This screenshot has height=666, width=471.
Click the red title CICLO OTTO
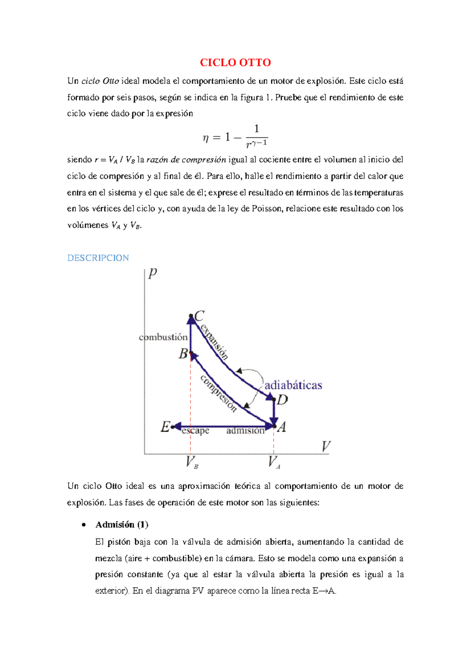coord(235,62)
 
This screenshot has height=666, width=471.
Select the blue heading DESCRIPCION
coord(98,258)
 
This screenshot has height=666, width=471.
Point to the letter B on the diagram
coord(183,354)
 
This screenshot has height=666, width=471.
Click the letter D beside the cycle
coord(282,400)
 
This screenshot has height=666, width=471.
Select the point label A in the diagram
coord(281,427)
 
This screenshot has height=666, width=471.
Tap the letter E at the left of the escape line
coord(165,427)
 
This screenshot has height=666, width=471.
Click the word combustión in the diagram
coord(163,337)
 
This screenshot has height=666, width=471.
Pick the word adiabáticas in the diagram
coord(293,385)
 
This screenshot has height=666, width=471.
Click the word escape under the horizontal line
coord(195,431)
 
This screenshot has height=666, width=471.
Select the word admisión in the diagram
coord(245,431)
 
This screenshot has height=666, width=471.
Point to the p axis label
coord(153,273)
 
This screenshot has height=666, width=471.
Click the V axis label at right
coord(326,446)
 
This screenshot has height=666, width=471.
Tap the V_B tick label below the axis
coord(192,462)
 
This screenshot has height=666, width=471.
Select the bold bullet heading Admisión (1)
coord(122,525)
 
